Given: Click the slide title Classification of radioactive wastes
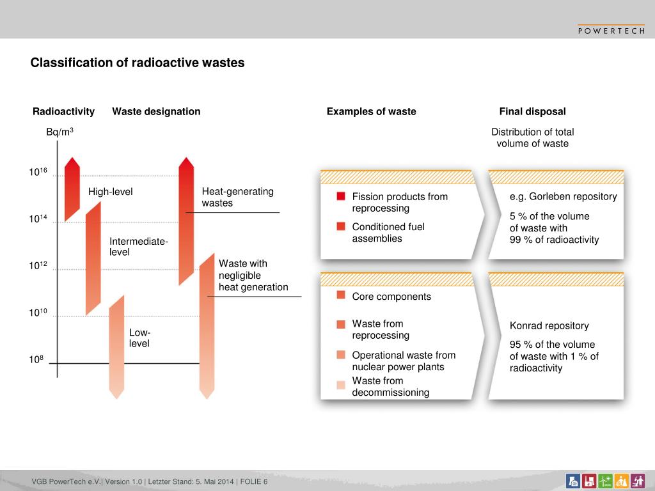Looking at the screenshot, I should [x=138, y=63].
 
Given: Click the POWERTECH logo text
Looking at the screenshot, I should [x=611, y=30].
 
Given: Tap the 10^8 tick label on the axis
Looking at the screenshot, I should [x=36, y=360].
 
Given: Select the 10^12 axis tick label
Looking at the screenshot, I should [x=38, y=266].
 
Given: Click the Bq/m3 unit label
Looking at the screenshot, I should [x=59, y=132].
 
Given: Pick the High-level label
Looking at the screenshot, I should [x=111, y=192].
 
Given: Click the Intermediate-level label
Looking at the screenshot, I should [x=138, y=246].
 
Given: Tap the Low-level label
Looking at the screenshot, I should [x=139, y=338].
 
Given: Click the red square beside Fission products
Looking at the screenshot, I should [x=341, y=196].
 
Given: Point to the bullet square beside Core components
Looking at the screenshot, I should [x=341, y=295].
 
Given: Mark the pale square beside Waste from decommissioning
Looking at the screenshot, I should [x=341, y=384].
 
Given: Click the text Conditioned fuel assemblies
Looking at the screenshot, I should [x=388, y=233].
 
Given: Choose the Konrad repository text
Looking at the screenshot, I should [x=549, y=326].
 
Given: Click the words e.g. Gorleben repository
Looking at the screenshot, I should [x=563, y=196].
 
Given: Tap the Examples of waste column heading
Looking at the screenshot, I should [x=371, y=112].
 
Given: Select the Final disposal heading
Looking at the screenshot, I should [x=532, y=112].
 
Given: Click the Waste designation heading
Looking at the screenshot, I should [x=156, y=112].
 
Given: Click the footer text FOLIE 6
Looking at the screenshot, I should [x=254, y=481].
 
